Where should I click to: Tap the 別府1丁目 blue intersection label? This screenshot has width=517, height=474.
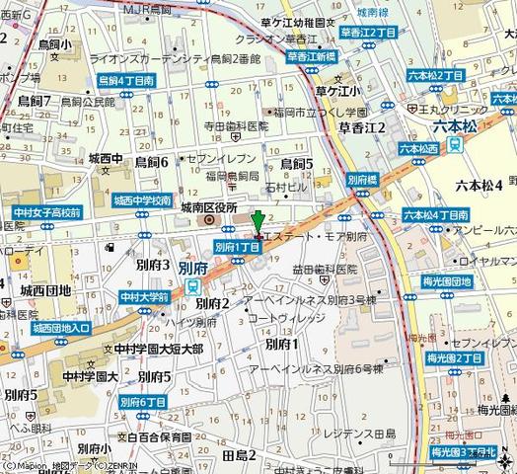pos(237,247)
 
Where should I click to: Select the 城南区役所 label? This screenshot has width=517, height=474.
pos(209,208)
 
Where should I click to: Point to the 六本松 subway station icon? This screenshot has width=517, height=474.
pos(455,144)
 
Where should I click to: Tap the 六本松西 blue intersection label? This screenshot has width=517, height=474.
pos(419,147)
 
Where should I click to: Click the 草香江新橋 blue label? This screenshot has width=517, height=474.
pos(312,56)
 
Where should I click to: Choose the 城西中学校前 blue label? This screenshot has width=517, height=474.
pos(142,199)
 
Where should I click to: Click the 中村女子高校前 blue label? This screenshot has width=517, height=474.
pos(47,211)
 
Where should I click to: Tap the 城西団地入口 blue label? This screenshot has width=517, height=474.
pos(60,328)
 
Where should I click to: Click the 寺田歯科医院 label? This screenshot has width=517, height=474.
pos(236,126)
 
